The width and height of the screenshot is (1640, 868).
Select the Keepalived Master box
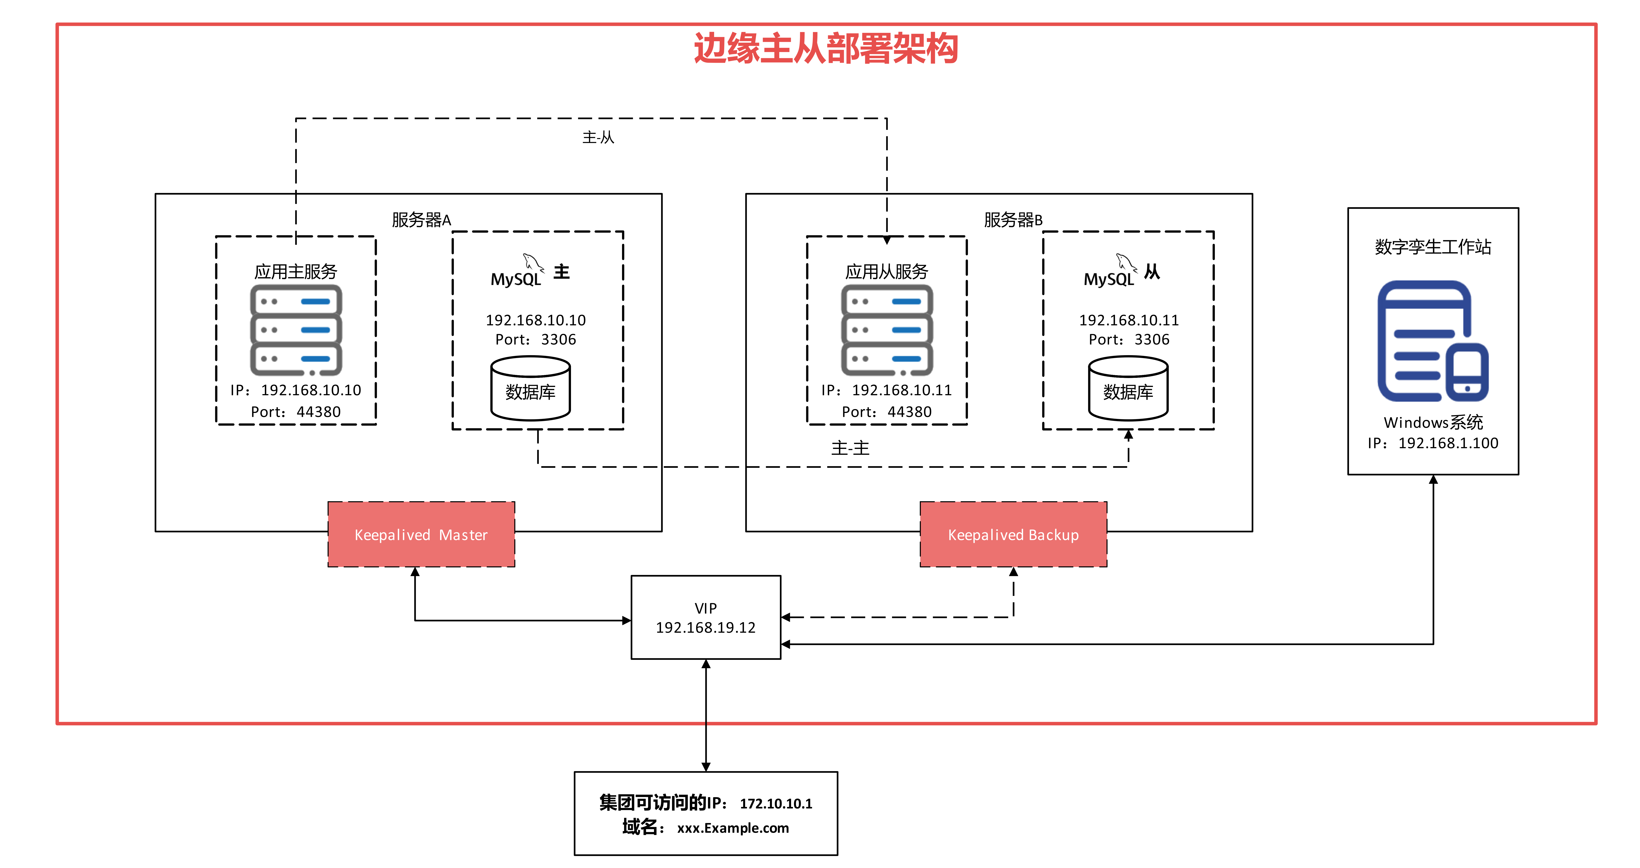421,534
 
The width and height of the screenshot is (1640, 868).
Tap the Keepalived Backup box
1013,534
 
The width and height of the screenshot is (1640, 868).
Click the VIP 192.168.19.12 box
705,617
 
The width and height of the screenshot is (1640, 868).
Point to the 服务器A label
421,220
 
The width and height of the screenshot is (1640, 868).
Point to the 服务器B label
1013,220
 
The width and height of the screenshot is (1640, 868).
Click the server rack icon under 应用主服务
296,330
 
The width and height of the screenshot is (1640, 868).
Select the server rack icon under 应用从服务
887,330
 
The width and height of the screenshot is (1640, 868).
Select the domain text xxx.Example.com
733,828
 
